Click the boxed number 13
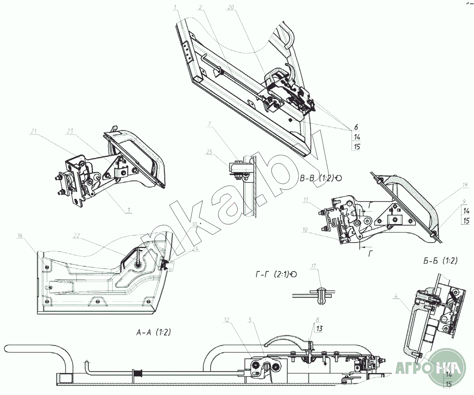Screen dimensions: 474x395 [319, 328]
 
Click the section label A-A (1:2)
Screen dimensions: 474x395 [153, 333]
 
